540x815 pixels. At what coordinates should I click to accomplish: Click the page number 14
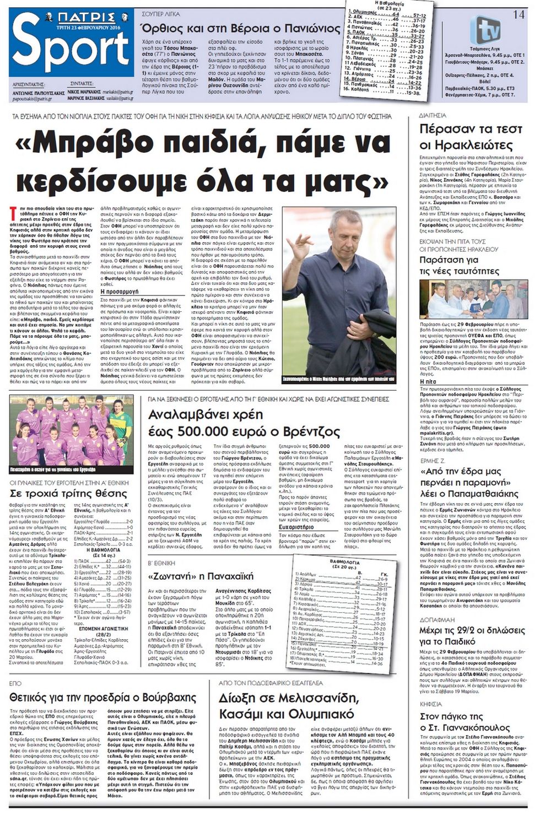(x=518, y=14)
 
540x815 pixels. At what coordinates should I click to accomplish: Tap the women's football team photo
(x=72, y=434)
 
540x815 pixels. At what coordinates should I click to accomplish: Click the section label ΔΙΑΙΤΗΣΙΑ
(x=433, y=116)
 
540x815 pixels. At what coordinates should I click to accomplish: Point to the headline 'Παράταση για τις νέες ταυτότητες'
(x=459, y=265)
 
